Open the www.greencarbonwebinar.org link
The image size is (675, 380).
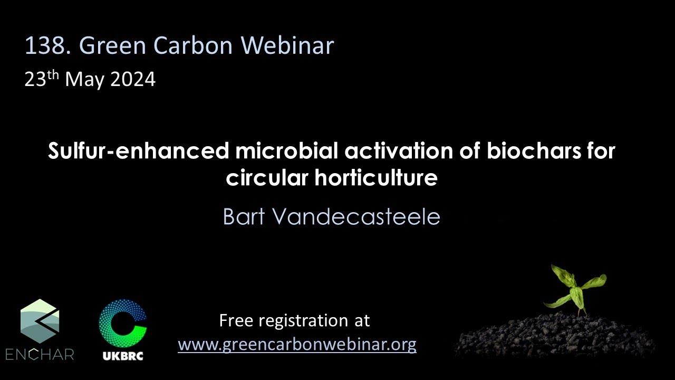297,345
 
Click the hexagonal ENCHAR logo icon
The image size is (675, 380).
40,321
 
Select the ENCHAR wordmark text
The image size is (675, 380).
40,354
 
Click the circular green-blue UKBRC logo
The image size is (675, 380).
123,322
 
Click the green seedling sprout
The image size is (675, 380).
574,288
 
